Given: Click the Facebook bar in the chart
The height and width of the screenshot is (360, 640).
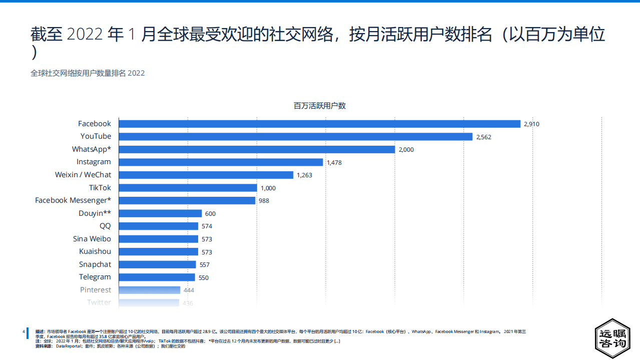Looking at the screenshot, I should click(320, 124).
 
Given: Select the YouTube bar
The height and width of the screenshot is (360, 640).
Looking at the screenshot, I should click(296, 136).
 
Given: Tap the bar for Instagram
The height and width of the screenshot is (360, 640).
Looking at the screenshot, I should click(221, 162).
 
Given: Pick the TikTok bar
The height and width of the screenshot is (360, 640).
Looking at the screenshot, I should click(188, 188).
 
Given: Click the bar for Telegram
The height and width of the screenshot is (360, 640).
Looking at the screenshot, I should click(157, 277).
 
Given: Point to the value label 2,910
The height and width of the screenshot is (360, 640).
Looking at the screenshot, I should click(531, 124).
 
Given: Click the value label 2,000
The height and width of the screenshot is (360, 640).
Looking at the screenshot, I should click(406, 150).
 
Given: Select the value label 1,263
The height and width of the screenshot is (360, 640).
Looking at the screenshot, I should click(304, 175).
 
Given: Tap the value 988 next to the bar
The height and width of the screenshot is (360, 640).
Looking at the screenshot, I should click(264, 201).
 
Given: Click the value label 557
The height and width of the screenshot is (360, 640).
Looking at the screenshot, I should click(204, 265).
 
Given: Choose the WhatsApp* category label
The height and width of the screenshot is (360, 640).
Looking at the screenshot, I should click(92, 149).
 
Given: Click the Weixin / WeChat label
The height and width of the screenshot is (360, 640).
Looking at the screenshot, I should click(83, 175).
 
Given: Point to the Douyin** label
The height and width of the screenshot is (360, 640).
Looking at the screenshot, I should click(95, 213).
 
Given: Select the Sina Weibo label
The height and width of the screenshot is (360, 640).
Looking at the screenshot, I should click(92, 239).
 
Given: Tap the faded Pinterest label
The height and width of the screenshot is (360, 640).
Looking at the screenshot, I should click(96, 290).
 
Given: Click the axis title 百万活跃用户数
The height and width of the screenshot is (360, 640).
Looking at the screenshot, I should click(320, 106).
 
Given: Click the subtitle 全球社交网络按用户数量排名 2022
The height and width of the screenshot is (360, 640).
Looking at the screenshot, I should click(88, 73).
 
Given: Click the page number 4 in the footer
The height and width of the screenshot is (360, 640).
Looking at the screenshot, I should click(24, 331).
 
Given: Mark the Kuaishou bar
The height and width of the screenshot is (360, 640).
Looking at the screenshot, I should click(159, 251).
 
